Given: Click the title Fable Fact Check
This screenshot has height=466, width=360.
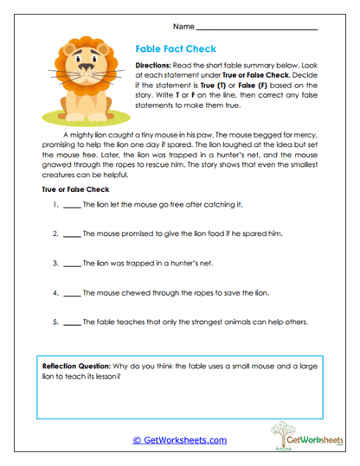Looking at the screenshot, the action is [x=176, y=49].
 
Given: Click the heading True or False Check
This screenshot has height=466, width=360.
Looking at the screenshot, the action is [x=74, y=188].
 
